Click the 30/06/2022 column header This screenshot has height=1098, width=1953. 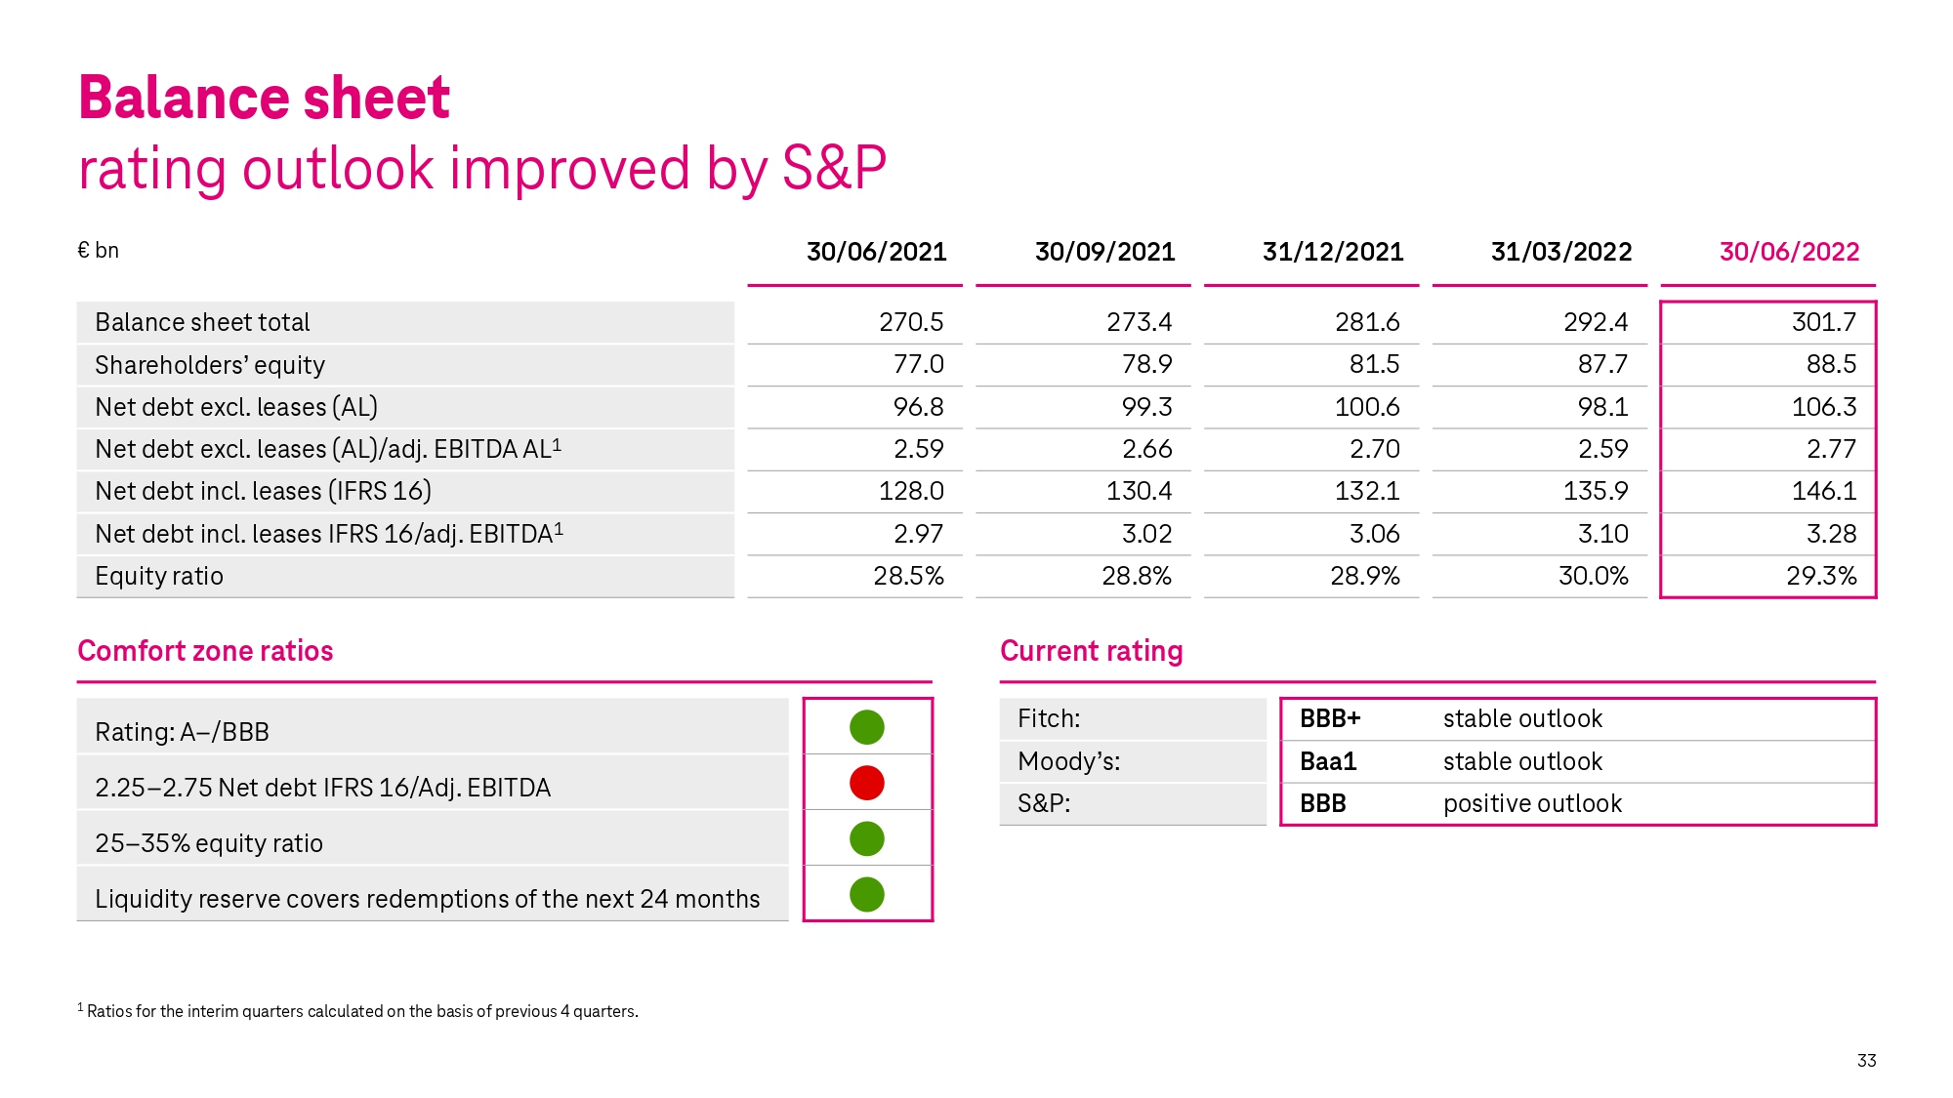pos(1789,252)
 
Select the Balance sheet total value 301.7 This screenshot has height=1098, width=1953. pos(1823,322)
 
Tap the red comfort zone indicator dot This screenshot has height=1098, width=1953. pos(867,783)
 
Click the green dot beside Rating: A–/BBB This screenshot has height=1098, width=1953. pos(867,727)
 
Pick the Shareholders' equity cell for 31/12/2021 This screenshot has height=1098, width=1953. pos(1374,364)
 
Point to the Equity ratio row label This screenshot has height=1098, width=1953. pos(159,577)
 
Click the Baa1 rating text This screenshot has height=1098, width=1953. pos(1328,761)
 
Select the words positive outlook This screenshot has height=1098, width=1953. pos(1532,803)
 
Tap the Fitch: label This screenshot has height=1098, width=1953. pos(1049,719)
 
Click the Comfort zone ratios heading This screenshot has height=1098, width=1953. pos(205,651)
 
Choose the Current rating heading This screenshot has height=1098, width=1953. pos(1091,651)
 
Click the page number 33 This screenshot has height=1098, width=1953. pos(1866,1061)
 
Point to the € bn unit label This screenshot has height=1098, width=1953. pos(98,251)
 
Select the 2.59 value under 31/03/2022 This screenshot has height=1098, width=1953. pos(1602,449)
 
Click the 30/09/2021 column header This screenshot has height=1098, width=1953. pos(1104,252)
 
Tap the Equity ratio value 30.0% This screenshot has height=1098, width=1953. pos(1593,576)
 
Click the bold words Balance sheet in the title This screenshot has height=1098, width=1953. pos(264,98)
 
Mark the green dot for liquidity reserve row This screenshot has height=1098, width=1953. pos(867,894)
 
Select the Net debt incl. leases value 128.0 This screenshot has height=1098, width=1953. pos(911,491)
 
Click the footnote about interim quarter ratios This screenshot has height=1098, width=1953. pos(357,1011)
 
